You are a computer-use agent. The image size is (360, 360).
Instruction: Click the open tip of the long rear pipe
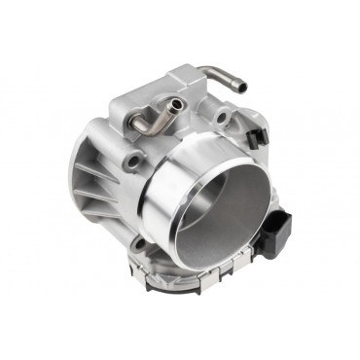pos(242,88)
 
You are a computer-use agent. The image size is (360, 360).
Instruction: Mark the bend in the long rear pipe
pos(209,69)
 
